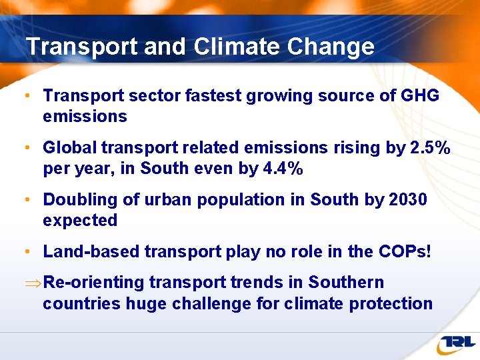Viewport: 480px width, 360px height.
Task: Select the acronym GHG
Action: (x=419, y=96)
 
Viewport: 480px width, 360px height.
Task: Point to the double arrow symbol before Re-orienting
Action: (x=31, y=283)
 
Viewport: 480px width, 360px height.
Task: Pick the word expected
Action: (x=80, y=221)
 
